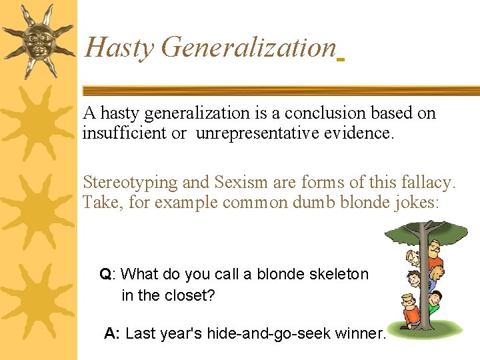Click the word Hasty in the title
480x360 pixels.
click(119, 48)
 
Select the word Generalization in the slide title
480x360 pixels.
click(248, 48)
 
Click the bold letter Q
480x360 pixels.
click(105, 274)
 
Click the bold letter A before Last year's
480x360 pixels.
click(111, 333)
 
